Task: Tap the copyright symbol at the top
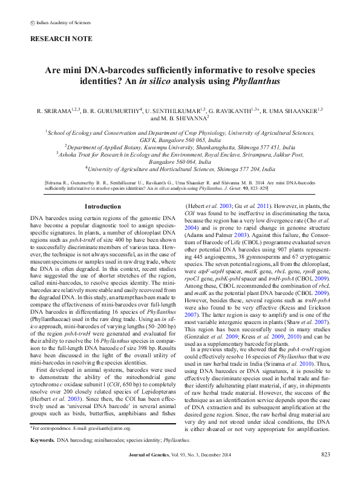[x=32, y=22]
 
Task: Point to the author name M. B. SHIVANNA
[x=180, y=118]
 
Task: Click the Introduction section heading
[x=103, y=207]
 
